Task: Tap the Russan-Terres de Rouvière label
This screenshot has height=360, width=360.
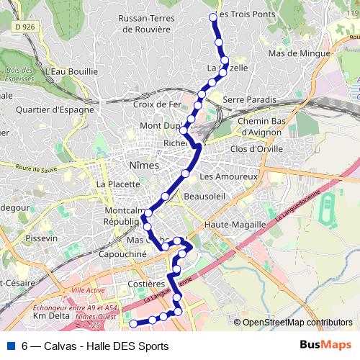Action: click(156, 24)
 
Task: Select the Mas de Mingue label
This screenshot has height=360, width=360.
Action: click(299, 53)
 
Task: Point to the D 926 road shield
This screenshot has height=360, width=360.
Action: click(24, 27)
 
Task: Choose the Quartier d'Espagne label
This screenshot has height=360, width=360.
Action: click(55, 109)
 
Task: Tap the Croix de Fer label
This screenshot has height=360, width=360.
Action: click(156, 104)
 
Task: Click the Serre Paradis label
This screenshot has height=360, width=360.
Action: click(250, 99)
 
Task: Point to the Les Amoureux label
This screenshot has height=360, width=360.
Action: click(228, 176)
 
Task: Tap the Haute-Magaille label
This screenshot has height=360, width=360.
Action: click(235, 225)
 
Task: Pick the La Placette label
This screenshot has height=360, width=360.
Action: click(118, 184)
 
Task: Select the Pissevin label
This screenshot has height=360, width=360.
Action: click(41, 237)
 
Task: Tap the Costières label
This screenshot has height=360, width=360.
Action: click(147, 285)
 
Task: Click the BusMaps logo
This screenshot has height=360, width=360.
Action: click(326, 345)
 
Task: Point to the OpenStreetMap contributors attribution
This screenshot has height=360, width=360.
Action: click(297, 323)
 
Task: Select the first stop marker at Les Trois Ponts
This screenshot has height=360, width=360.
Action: click(212, 17)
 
